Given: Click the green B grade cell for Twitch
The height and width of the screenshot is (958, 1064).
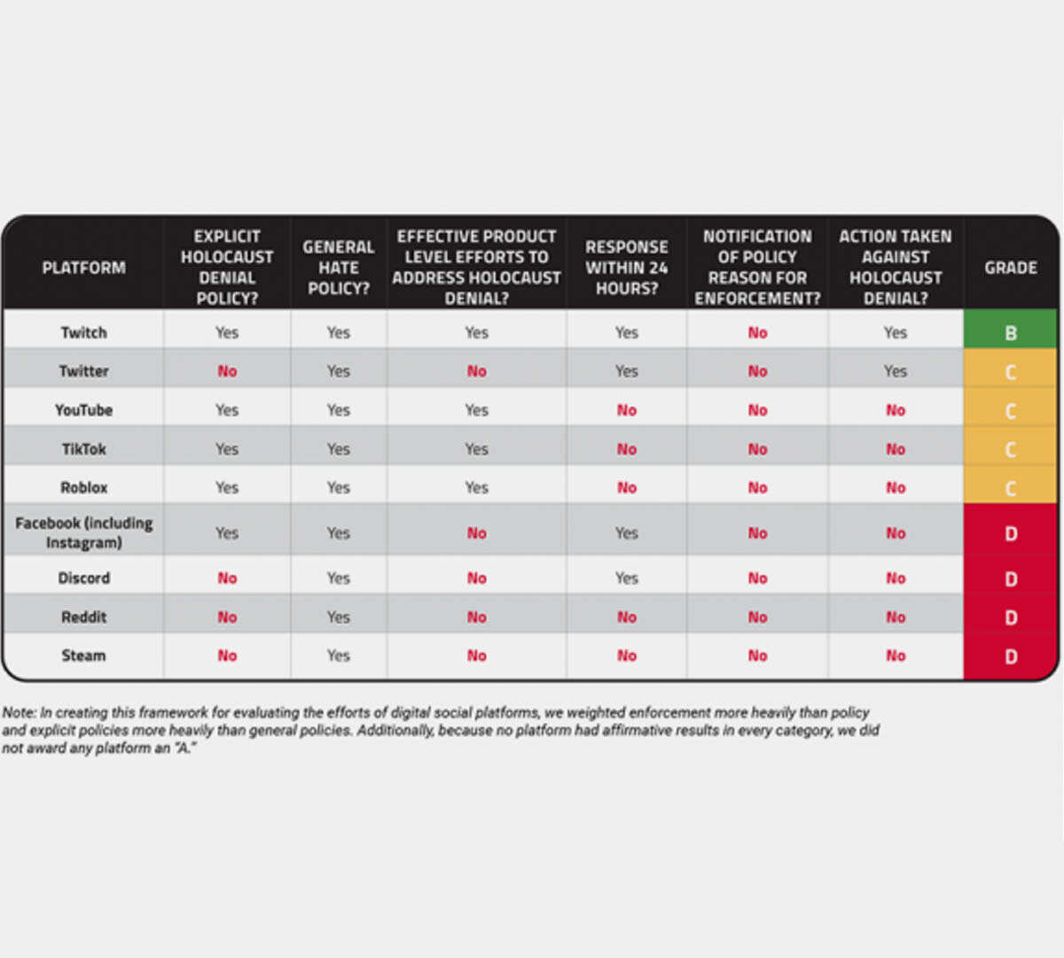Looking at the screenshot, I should (x=1010, y=333).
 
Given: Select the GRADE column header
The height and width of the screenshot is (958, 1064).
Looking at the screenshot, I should (x=1010, y=267).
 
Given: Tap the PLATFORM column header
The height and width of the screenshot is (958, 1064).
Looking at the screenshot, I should (x=83, y=267).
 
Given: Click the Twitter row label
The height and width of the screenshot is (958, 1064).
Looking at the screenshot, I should (x=83, y=371).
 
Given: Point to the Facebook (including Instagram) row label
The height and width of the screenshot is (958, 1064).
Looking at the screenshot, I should (x=83, y=532).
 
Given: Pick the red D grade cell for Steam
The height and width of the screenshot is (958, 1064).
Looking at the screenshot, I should (x=1010, y=656).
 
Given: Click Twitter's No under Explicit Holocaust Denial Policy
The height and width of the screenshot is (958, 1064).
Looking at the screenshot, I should (x=227, y=371).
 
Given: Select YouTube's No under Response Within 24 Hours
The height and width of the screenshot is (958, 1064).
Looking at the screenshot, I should (x=626, y=410).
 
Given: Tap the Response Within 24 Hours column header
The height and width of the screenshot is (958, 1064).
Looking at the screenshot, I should (x=626, y=267).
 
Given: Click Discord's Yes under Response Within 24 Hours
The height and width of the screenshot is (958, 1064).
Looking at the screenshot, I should (x=626, y=577).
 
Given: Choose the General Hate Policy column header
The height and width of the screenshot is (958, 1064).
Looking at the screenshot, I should (x=338, y=267).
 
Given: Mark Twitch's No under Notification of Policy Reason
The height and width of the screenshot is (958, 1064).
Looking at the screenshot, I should (x=757, y=333).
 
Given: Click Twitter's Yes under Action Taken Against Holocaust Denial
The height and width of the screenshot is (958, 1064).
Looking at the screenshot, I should (x=895, y=371).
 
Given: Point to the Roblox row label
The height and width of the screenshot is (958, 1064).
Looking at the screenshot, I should (x=83, y=487).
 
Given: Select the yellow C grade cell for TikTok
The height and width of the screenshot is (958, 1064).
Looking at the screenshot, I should (x=1010, y=450).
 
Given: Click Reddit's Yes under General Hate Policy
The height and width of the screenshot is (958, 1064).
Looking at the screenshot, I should (x=338, y=616).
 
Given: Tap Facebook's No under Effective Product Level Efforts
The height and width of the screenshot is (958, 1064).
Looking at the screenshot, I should (x=476, y=532).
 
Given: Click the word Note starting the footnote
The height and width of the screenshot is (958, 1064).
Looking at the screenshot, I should (x=18, y=712).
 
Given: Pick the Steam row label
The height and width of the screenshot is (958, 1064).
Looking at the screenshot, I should (x=83, y=656).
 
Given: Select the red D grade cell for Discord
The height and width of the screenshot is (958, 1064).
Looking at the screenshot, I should (x=1010, y=578).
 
